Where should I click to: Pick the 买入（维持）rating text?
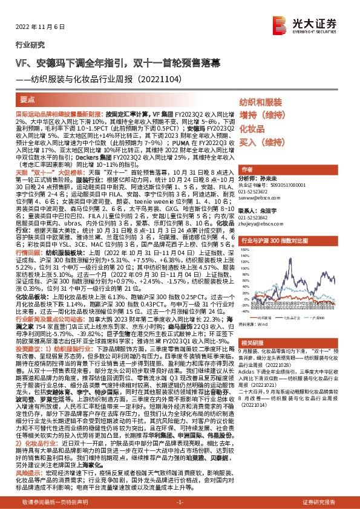(261, 143)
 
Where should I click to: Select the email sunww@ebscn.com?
(259, 197)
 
